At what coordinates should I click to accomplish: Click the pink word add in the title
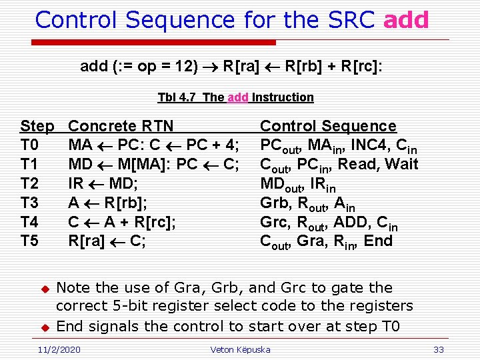click(406, 20)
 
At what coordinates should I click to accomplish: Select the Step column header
click(37, 126)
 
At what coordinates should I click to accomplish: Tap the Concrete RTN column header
click(121, 126)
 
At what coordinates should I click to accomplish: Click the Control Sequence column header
click(328, 126)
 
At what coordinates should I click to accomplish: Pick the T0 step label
click(30, 145)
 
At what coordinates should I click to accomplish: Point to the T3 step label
click(30, 203)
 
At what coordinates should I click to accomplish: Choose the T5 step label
click(30, 241)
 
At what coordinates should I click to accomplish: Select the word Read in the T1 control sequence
click(358, 164)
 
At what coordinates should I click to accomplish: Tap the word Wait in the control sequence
click(402, 164)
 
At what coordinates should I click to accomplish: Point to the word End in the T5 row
click(379, 241)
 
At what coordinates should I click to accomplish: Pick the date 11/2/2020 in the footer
click(58, 349)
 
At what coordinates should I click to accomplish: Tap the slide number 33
click(438, 349)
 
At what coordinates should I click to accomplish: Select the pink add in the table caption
click(238, 97)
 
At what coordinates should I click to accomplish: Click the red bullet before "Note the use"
click(45, 289)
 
